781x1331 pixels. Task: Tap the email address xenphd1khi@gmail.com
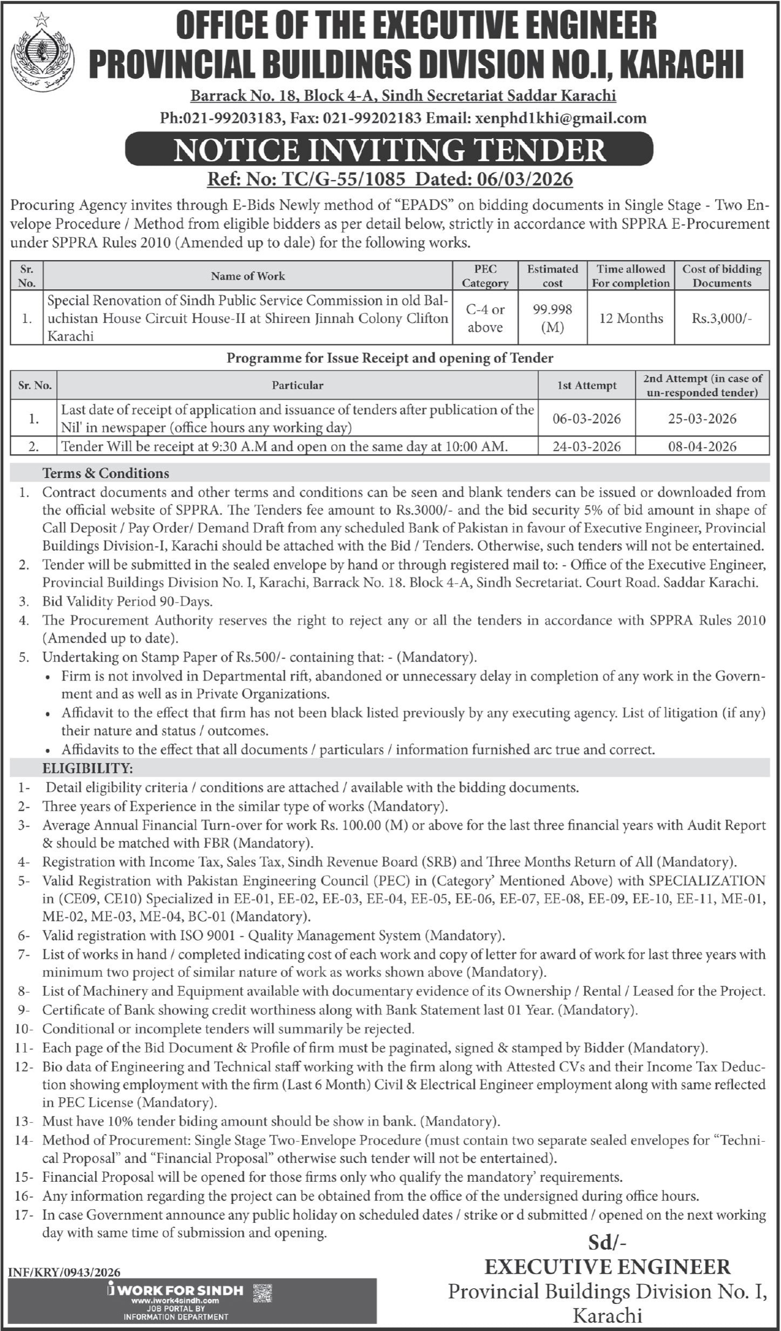(560, 118)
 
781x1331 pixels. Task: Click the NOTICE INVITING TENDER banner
(389, 150)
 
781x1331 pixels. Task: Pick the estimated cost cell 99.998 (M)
(552, 318)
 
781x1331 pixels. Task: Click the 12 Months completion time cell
(631, 318)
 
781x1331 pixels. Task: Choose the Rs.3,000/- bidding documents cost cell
(722, 318)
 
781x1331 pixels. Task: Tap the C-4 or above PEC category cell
(485, 318)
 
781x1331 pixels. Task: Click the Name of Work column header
(248, 276)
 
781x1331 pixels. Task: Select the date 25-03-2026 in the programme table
(702, 418)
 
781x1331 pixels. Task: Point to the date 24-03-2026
(586, 447)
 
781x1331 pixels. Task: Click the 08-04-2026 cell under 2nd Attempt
(702, 447)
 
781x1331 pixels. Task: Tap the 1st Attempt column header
(586, 385)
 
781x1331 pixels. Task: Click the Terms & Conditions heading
(105, 473)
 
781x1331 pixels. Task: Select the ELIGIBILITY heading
(88, 768)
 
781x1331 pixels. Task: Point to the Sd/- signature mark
(608, 1243)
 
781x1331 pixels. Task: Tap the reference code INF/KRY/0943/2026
(64, 1273)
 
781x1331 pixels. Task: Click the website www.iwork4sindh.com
(175, 1300)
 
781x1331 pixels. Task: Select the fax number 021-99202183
(372, 118)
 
